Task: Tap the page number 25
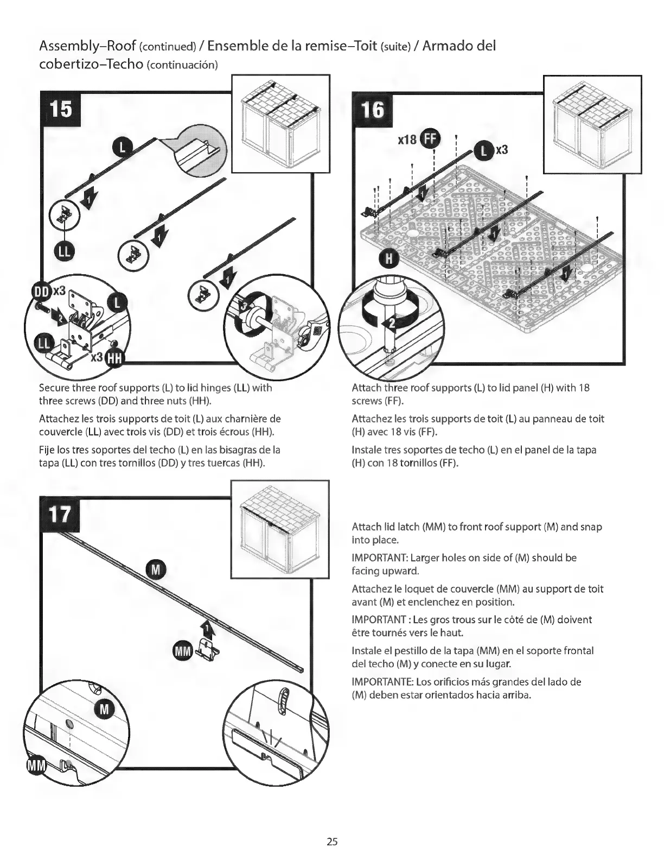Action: [332, 842]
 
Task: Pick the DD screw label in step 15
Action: [41, 291]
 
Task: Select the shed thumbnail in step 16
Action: [592, 124]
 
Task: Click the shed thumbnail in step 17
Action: [280, 529]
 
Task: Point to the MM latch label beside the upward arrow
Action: [182, 651]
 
